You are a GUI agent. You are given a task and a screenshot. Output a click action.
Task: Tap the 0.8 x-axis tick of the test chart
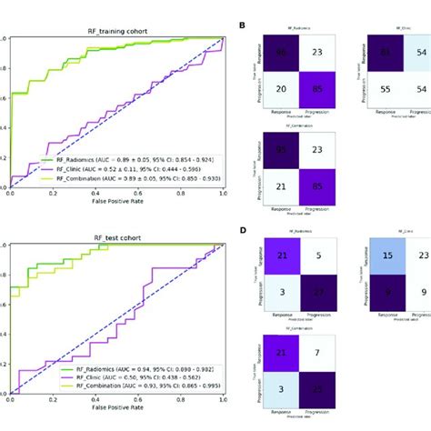pyautogui.click(x=181, y=404)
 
